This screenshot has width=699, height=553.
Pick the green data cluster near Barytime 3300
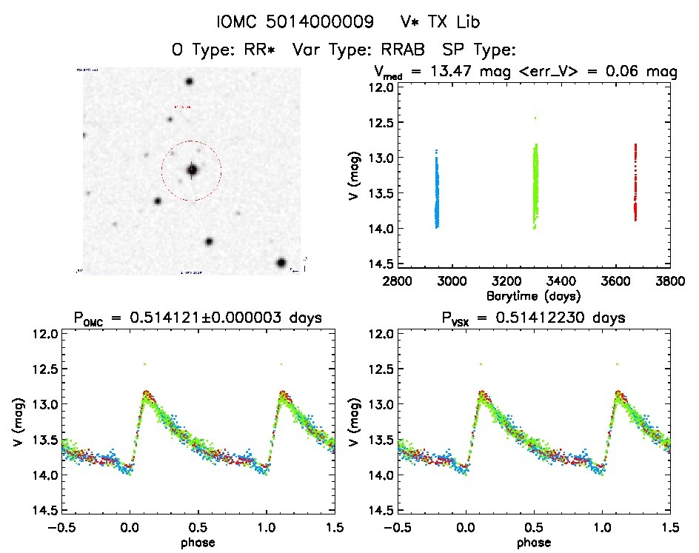pos(535,185)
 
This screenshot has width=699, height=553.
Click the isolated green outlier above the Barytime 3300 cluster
pos(535,118)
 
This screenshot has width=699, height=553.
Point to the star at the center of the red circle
pos(192,170)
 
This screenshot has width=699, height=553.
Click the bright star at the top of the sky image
pos(190,82)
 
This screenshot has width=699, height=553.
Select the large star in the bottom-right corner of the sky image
pos(281,263)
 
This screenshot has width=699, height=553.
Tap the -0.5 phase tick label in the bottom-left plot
pos(59,527)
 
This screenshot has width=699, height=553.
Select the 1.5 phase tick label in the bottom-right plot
pos(670,527)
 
